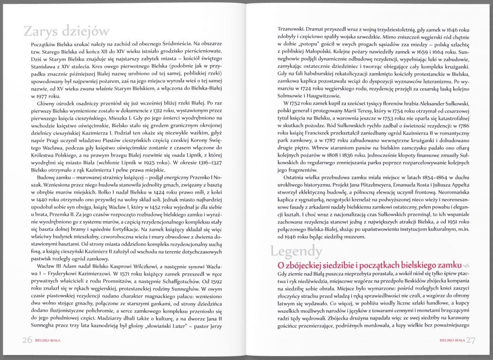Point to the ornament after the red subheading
coord(466,266)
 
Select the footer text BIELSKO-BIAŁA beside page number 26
coord(48,340)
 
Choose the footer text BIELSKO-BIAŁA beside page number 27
coord(452,340)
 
